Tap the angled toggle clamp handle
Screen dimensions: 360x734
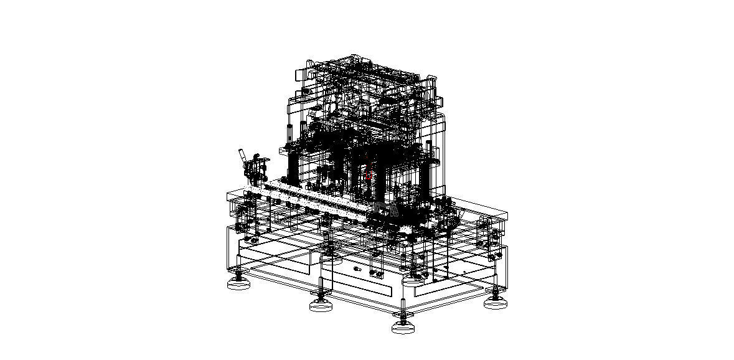point(242,157)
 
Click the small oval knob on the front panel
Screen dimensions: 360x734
point(357,269)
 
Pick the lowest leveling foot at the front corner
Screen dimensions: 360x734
point(403,327)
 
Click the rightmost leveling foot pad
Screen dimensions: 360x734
point(496,303)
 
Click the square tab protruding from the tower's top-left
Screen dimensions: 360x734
point(299,74)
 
